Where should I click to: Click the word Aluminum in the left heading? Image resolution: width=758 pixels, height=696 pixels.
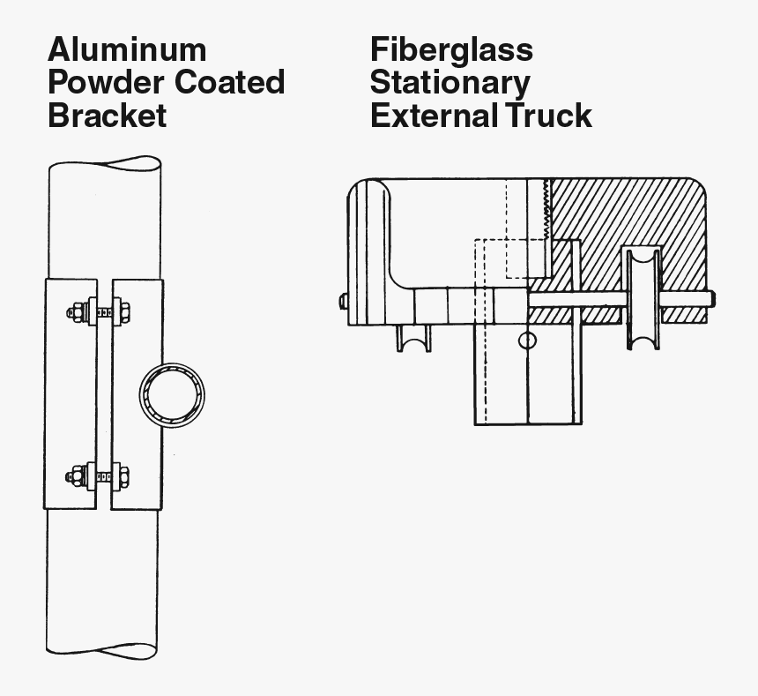(x=127, y=49)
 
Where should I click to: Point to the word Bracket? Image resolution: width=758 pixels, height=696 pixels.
(x=107, y=115)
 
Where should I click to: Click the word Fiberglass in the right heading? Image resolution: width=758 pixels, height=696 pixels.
(x=451, y=49)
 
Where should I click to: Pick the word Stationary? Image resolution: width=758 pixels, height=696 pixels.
(x=450, y=82)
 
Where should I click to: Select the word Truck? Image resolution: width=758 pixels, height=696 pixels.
(x=549, y=115)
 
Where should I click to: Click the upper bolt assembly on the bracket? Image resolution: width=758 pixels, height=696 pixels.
(x=99, y=311)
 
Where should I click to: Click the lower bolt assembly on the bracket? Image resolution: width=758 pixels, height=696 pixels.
(x=99, y=476)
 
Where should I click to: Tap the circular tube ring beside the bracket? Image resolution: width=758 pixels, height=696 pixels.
(x=172, y=393)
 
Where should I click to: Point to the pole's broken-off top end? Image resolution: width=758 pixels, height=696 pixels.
(x=105, y=165)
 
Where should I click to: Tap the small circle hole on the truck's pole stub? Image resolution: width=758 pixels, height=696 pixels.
(x=527, y=341)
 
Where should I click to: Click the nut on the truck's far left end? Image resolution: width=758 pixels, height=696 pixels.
(x=343, y=301)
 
